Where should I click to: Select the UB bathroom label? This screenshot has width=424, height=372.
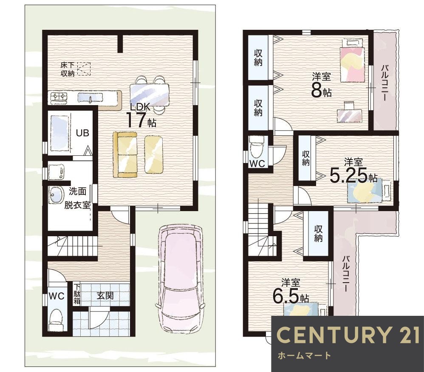click(82, 133)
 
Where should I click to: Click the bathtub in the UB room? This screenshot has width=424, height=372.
click(59, 133)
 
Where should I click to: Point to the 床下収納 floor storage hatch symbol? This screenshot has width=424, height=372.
click(84, 69)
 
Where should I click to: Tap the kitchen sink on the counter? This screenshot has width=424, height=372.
click(90, 98)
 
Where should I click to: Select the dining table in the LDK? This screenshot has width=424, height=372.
click(149, 94)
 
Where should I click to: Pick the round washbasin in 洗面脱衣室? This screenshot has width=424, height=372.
click(56, 195)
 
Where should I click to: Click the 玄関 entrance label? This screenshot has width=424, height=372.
click(105, 296)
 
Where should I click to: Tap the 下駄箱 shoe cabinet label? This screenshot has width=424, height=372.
click(77, 294)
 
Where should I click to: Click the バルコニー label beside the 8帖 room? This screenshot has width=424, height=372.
click(384, 83)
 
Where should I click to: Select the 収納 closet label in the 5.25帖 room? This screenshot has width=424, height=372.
click(306, 158)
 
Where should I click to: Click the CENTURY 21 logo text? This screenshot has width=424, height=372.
click(348, 335)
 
